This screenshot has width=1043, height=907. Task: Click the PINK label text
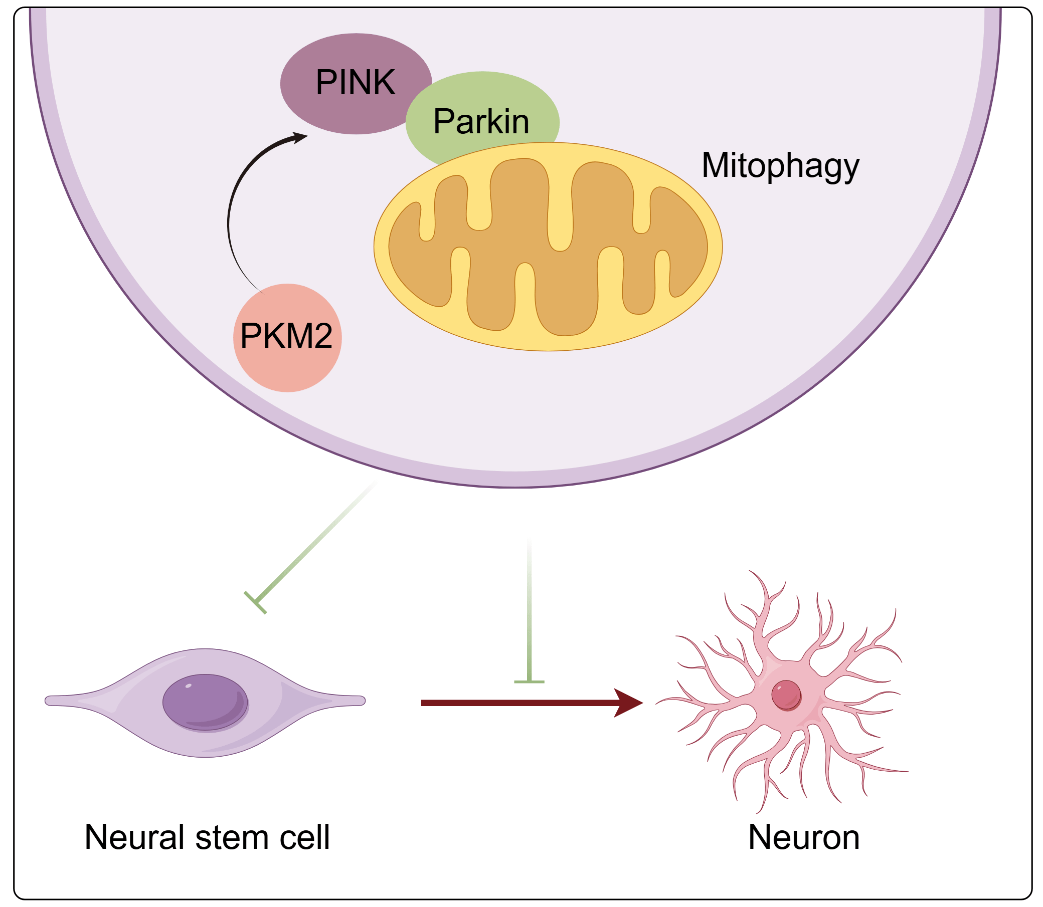355,82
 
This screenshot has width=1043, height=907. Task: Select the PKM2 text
286,336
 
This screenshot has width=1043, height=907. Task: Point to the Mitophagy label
780,165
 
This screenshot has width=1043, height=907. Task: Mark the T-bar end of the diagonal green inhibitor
255,602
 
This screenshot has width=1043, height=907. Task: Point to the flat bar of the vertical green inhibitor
529,682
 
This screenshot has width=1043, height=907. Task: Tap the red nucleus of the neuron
786,695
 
